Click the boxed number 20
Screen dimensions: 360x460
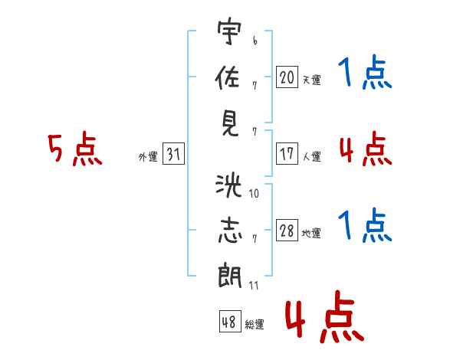(287, 77)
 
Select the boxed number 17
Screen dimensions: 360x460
(287, 154)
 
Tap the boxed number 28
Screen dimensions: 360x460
(287, 231)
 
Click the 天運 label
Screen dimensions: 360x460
(311, 80)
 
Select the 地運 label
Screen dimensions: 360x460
(311, 234)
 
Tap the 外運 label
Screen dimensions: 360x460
(147, 157)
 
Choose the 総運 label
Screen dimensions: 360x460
(255, 325)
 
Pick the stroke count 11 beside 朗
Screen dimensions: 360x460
(255, 286)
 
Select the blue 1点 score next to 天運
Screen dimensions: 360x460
(366, 74)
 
